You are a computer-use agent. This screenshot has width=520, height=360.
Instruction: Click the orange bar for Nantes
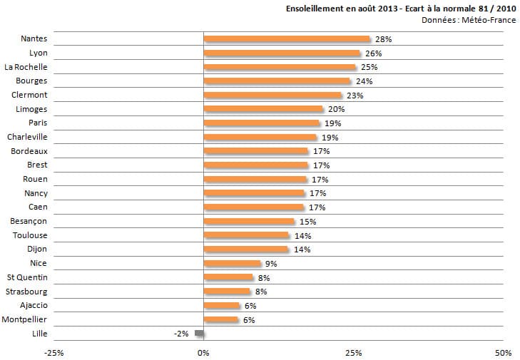(287, 39)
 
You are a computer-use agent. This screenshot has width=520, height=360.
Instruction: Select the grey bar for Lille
(200, 334)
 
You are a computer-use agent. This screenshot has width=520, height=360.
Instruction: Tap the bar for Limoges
(263, 109)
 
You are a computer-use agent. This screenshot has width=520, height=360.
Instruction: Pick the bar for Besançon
(249, 222)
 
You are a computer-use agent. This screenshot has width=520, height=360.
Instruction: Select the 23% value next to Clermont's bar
(355, 96)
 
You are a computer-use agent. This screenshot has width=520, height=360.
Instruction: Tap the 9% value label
(270, 264)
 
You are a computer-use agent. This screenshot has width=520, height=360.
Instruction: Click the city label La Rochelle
(26, 67)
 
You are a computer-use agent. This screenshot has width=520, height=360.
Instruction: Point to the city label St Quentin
(27, 277)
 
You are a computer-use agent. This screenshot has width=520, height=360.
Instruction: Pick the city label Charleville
(27, 137)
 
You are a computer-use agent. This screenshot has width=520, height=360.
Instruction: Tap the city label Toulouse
(30, 235)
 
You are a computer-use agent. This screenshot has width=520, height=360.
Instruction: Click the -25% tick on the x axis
(53, 352)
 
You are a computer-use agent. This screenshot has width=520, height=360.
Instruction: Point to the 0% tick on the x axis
(203, 352)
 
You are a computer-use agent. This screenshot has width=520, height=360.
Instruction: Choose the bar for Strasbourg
(227, 292)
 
